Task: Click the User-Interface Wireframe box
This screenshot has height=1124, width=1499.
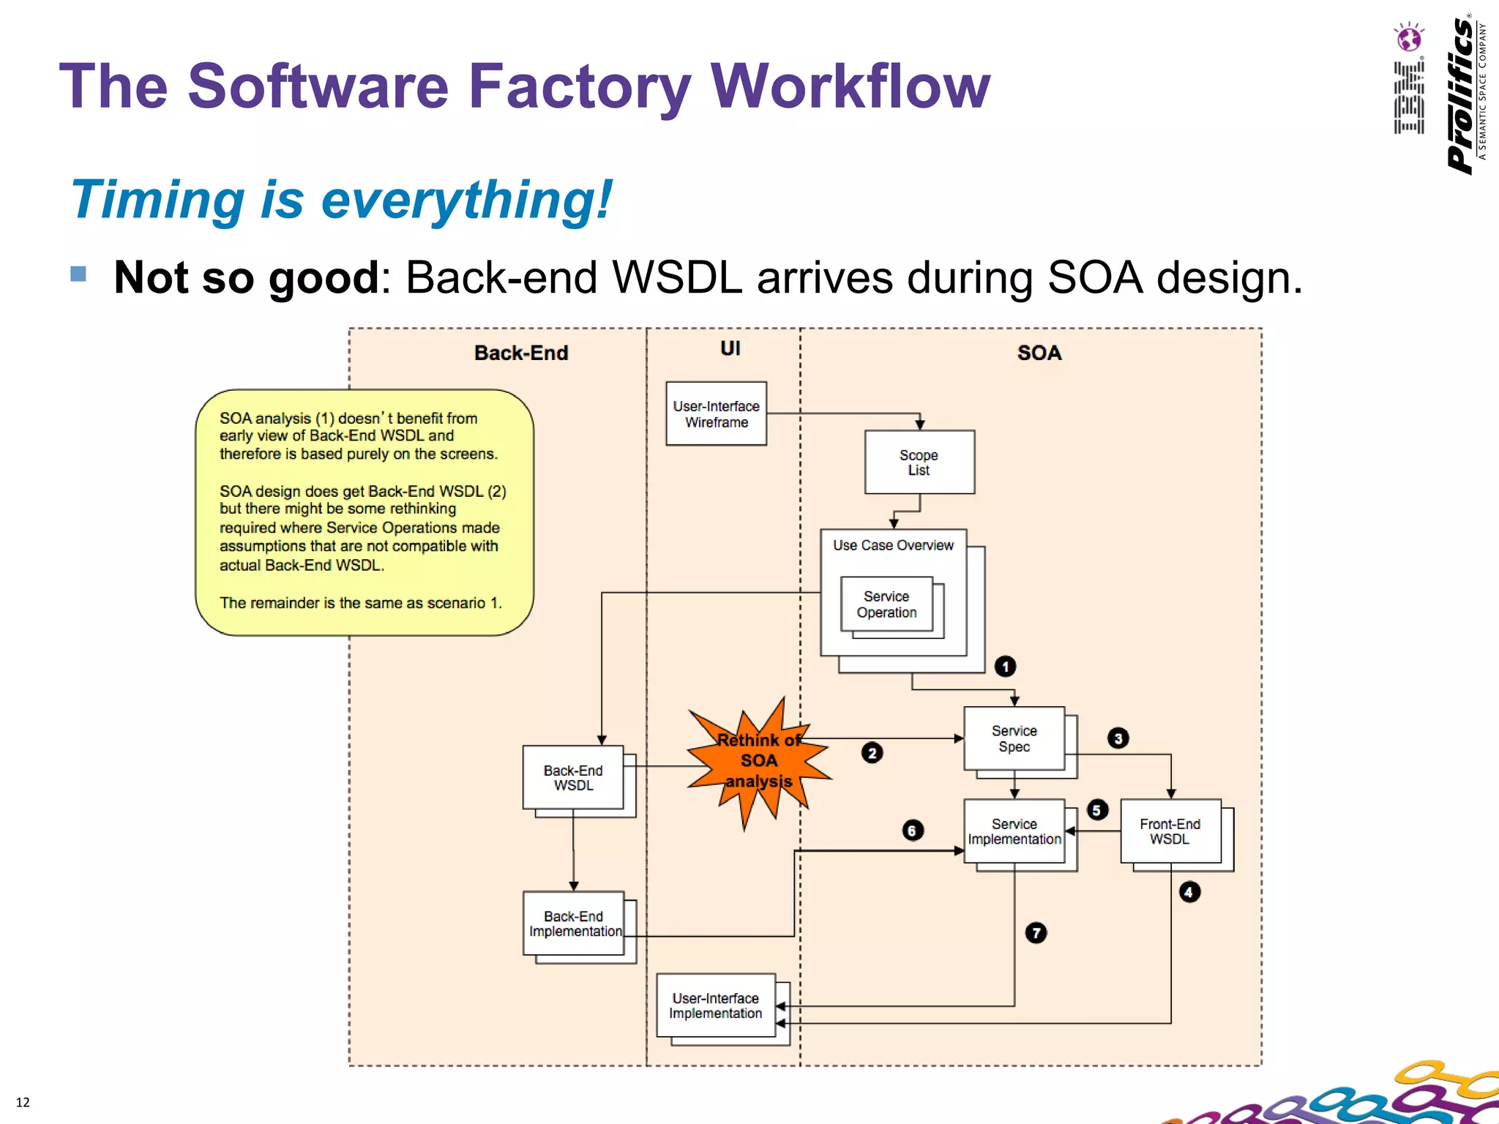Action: click(x=716, y=413)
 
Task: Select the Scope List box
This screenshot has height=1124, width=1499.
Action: click(x=919, y=462)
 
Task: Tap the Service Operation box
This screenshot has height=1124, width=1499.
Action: click(x=886, y=604)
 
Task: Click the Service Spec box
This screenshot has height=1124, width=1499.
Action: click(x=1014, y=738)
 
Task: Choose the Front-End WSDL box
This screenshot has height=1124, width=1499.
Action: click(x=1170, y=831)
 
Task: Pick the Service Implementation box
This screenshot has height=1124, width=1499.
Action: click(x=1014, y=831)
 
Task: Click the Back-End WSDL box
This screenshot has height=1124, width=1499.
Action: click(x=573, y=777)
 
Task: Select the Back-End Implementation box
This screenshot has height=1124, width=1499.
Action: click(x=573, y=923)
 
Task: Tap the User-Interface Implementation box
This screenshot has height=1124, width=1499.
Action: click(x=715, y=1005)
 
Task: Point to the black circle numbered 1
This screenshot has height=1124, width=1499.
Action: click(x=1005, y=667)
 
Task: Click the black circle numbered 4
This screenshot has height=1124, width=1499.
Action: click(x=1189, y=892)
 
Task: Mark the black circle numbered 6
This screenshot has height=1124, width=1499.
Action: click(x=912, y=831)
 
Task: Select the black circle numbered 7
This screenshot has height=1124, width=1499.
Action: click(x=1036, y=933)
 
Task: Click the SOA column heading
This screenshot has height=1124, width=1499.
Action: click(x=1039, y=353)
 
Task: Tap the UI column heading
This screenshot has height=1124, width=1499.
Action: click(x=730, y=348)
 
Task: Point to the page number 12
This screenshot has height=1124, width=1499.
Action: click(x=23, y=1102)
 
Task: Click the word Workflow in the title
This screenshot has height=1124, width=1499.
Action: click(x=850, y=86)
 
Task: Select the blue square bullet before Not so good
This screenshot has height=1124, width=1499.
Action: click(x=78, y=274)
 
